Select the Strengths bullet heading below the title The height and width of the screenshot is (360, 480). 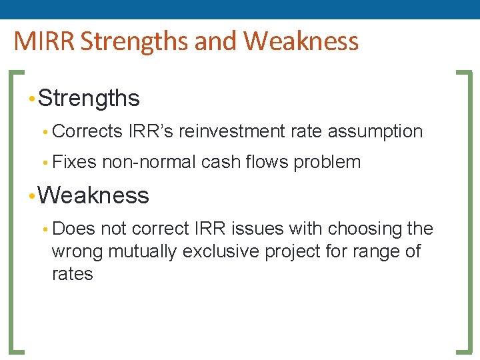89,98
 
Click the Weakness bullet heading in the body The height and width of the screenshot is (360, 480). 93,195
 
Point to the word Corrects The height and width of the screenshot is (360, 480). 87,131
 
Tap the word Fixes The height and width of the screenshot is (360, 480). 74,162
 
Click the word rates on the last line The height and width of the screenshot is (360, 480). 72,274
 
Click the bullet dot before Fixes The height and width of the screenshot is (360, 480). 45,163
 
